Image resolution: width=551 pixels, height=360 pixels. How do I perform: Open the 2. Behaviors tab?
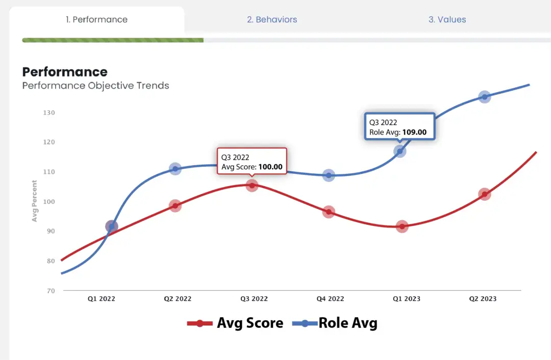click(272, 20)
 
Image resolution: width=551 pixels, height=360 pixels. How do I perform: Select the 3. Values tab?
click(447, 20)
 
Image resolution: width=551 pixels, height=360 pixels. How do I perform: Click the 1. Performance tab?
click(96, 20)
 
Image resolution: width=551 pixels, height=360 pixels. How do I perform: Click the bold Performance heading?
click(65, 72)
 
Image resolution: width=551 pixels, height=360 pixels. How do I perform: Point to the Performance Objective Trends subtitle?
click(95, 86)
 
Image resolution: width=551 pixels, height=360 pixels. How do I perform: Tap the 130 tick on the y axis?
click(48, 113)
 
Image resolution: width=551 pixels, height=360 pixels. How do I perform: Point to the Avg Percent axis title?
click(35, 201)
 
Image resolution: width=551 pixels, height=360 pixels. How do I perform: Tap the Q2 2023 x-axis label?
click(483, 299)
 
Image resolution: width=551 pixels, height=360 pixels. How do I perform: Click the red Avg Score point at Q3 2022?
click(252, 186)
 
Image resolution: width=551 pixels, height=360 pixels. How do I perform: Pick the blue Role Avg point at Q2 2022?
click(175, 169)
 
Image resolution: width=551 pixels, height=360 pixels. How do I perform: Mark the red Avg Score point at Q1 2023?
click(402, 226)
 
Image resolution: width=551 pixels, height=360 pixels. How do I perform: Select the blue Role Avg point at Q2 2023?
click(485, 97)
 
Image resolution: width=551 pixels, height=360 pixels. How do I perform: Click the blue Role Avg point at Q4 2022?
click(329, 175)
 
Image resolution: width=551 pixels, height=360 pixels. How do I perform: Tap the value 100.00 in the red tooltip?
click(270, 167)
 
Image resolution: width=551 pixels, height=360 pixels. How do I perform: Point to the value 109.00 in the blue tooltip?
click(414, 133)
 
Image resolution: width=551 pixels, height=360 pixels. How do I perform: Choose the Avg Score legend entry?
click(236, 323)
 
